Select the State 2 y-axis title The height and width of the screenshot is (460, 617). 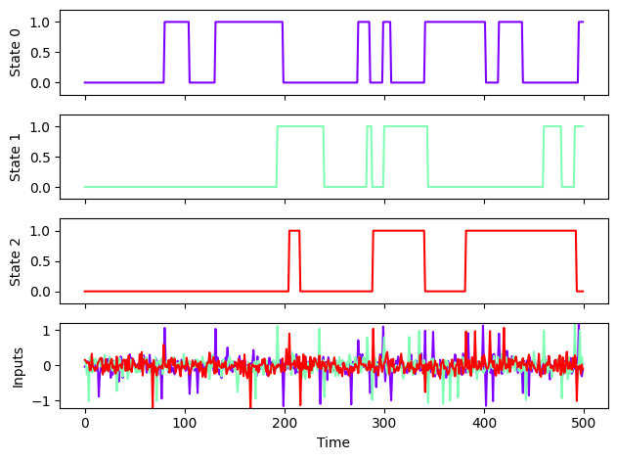[x=14, y=261]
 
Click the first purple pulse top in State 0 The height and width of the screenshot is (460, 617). [x=177, y=22]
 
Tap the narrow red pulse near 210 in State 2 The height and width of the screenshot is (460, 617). [x=294, y=231]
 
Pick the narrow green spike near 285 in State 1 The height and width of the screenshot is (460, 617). [x=369, y=126]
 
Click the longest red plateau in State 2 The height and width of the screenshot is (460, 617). [x=520, y=231]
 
